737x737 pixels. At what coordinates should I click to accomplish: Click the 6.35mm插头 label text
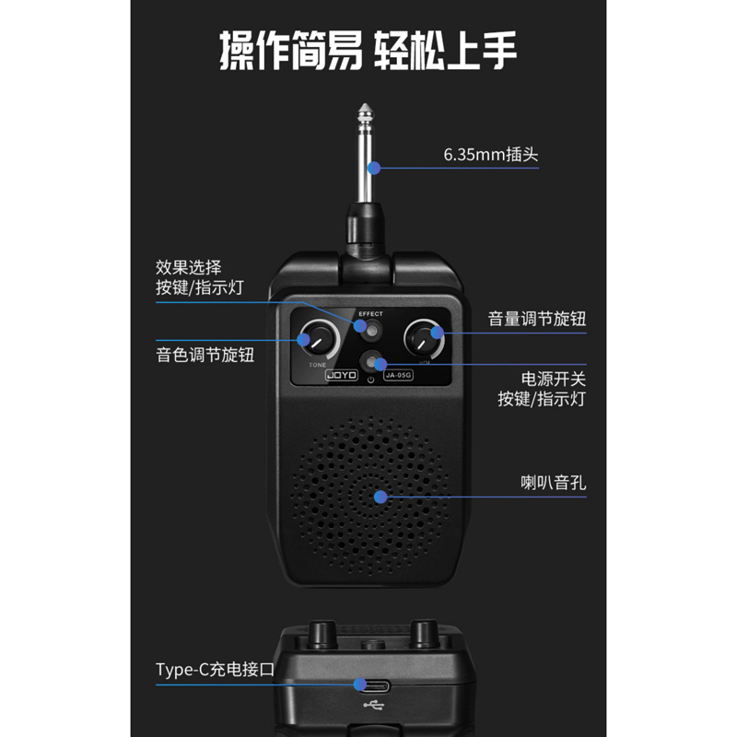click(x=491, y=155)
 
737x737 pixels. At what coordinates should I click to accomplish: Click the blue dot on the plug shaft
click(x=374, y=168)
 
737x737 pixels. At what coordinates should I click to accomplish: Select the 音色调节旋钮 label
click(x=205, y=355)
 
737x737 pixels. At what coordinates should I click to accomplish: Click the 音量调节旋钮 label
click(x=537, y=319)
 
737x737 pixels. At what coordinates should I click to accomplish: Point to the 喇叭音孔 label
click(x=554, y=483)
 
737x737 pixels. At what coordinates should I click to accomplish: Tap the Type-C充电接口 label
click(x=215, y=670)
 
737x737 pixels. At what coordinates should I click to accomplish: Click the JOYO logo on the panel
click(x=342, y=375)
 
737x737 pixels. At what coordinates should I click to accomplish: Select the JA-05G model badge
click(x=398, y=375)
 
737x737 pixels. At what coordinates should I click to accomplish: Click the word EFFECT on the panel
click(x=370, y=314)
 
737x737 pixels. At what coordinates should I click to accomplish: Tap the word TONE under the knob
click(x=317, y=365)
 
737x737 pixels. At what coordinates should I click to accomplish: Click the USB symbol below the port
click(x=374, y=705)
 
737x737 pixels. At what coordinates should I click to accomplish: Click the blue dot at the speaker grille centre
click(x=380, y=497)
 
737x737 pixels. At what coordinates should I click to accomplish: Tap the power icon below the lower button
click(x=371, y=380)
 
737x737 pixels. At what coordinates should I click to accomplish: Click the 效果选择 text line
click(x=189, y=267)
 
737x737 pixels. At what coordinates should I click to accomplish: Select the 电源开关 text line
click(x=554, y=379)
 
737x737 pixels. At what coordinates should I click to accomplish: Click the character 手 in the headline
click(x=498, y=51)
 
